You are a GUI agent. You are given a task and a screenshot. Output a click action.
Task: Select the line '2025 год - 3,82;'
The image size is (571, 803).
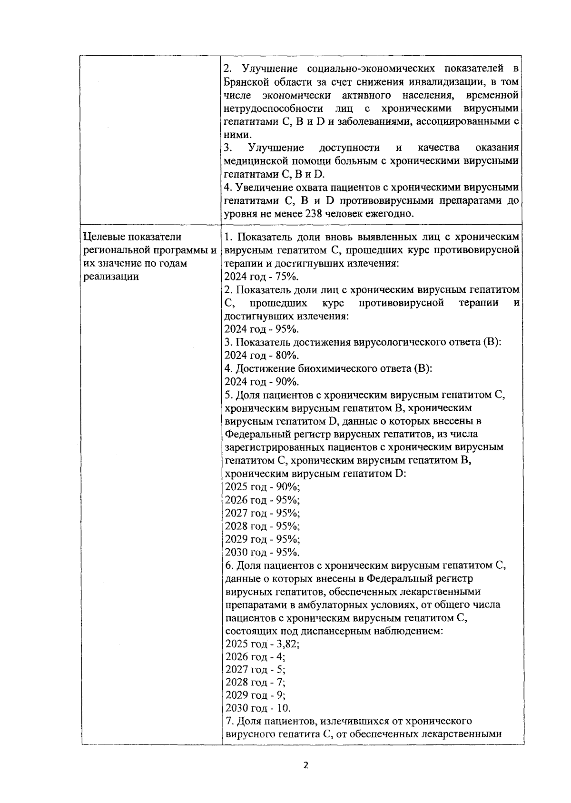tap(262, 644)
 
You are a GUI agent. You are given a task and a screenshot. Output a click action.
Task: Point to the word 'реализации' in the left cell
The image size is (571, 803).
tap(110, 277)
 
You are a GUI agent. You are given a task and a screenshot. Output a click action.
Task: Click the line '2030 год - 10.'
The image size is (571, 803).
tap(257, 708)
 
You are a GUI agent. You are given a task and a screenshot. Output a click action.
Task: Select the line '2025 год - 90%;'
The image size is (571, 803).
tap(262, 487)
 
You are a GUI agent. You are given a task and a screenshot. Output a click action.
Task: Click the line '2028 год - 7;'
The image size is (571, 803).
tap(255, 682)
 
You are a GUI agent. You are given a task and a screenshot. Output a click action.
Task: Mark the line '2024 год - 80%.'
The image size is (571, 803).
tap(261, 356)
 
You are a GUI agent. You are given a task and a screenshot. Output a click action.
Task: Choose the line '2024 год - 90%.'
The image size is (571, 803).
tap(261, 382)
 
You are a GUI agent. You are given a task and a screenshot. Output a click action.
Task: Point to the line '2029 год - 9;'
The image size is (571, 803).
tap(255, 695)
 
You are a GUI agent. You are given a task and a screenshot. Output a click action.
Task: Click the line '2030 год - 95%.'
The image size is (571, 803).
tap(262, 552)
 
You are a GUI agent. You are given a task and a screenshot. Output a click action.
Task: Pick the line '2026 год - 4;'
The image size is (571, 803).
tap(255, 657)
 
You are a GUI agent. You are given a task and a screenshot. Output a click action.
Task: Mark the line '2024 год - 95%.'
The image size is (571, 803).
tap(261, 329)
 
